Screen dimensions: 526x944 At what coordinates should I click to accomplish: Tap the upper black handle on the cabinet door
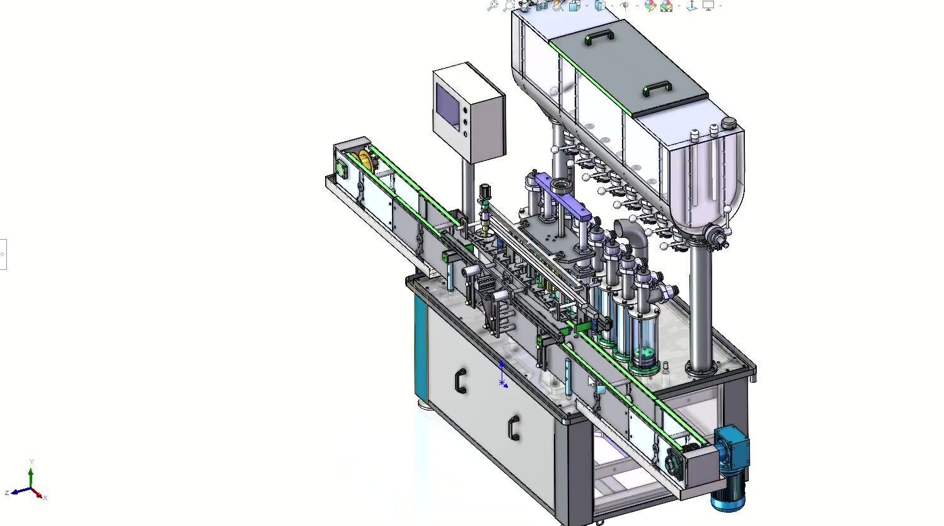[x=461, y=382]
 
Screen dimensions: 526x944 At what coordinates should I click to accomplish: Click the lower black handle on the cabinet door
[x=514, y=428]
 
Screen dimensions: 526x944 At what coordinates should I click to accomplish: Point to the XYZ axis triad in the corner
[x=30, y=487]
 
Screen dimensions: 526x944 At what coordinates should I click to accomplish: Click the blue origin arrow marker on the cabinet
[x=502, y=375]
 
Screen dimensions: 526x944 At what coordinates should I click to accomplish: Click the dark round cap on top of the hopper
[x=728, y=122]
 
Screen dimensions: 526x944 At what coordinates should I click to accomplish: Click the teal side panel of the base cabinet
[x=420, y=347]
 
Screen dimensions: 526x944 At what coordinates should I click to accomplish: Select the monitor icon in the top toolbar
[x=708, y=6]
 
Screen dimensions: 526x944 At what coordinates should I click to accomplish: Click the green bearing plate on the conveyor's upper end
[x=342, y=169]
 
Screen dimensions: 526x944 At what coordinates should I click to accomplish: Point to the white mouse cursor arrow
[x=591, y=381]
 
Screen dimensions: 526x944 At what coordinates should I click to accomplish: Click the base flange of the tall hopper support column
[x=699, y=368]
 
